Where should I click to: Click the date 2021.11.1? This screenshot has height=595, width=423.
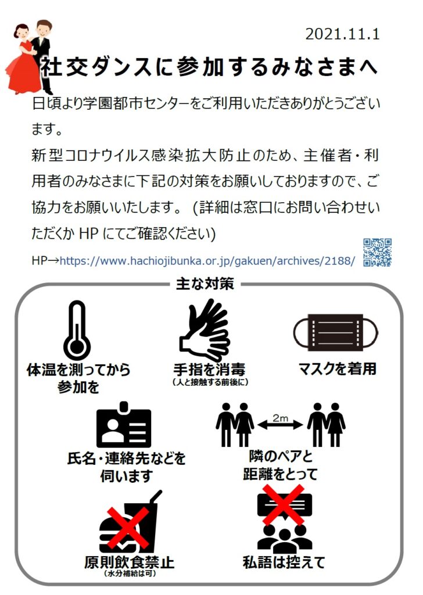point(342,34)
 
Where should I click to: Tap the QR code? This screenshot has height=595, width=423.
point(377,253)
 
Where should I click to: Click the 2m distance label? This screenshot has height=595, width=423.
point(281,418)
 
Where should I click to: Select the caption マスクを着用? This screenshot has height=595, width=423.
point(337,368)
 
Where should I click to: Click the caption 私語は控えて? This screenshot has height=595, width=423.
point(284,562)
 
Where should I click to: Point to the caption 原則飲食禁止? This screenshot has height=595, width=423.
point(129,562)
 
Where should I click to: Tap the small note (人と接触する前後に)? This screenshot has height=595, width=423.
point(210,382)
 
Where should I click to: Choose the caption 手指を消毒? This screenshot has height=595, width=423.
point(209,370)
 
